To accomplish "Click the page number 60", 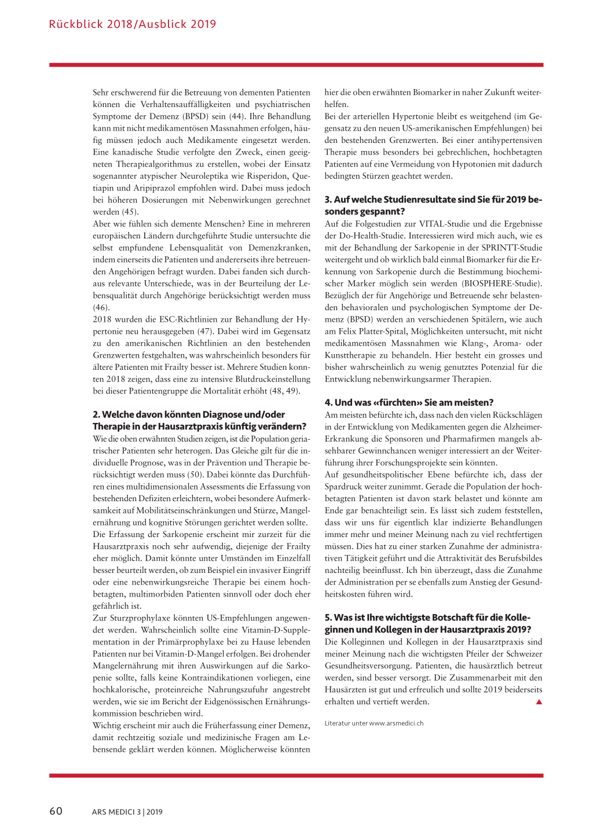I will pos(56,811).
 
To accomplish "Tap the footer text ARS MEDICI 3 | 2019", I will pos(127,812).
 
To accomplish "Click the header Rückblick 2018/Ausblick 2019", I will pos(133,24).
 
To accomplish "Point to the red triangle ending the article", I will pos(539,702).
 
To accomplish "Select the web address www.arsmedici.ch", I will pos(396,723).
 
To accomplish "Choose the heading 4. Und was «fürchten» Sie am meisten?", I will pos(409,403).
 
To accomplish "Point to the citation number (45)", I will pos(130,212).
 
